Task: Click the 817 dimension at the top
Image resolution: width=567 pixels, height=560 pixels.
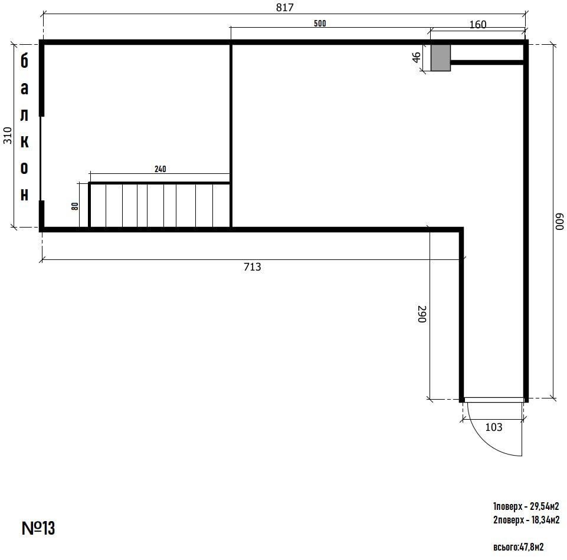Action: [x=284, y=7]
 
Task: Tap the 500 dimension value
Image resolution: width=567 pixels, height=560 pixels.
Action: [x=320, y=24]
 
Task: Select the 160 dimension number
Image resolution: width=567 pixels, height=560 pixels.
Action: [x=478, y=25]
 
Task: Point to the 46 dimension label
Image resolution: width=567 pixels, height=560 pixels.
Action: [x=417, y=57]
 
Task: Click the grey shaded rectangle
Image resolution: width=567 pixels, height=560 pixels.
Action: [x=440, y=57]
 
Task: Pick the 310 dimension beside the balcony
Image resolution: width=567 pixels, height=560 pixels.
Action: [x=8, y=136]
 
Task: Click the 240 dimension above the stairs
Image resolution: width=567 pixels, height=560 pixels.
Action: [x=160, y=169]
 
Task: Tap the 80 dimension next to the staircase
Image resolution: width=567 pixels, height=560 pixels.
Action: [x=75, y=206]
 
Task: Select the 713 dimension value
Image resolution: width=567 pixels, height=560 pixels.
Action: [x=252, y=266]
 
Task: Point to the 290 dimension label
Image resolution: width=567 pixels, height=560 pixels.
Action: [x=422, y=314]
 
